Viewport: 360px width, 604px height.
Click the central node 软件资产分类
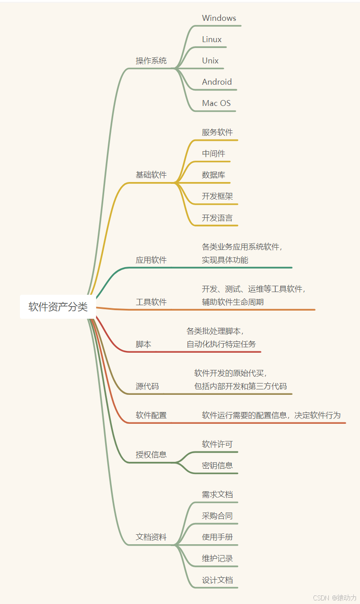(58, 307)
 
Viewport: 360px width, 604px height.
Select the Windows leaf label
(219, 18)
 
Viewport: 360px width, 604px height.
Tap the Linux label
(212, 39)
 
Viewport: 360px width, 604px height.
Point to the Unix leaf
(211, 61)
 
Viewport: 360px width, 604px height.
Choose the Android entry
(217, 82)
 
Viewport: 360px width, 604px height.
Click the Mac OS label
(216, 103)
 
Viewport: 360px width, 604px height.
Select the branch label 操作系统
(151, 61)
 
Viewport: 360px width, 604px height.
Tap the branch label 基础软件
(151, 175)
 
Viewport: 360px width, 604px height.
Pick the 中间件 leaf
(213, 153)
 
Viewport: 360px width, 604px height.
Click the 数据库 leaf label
(213, 175)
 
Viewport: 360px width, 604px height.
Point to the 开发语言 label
(217, 218)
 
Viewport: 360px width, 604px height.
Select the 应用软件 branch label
(151, 260)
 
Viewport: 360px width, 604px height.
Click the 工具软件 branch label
(151, 302)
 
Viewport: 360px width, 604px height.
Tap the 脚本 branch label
(144, 344)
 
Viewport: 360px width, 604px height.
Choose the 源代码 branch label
(147, 386)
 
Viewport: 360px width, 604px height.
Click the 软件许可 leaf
(217, 444)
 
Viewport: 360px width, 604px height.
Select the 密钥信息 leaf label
(217, 465)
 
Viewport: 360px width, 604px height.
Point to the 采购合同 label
(217, 516)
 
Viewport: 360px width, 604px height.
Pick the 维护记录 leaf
(217, 559)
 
